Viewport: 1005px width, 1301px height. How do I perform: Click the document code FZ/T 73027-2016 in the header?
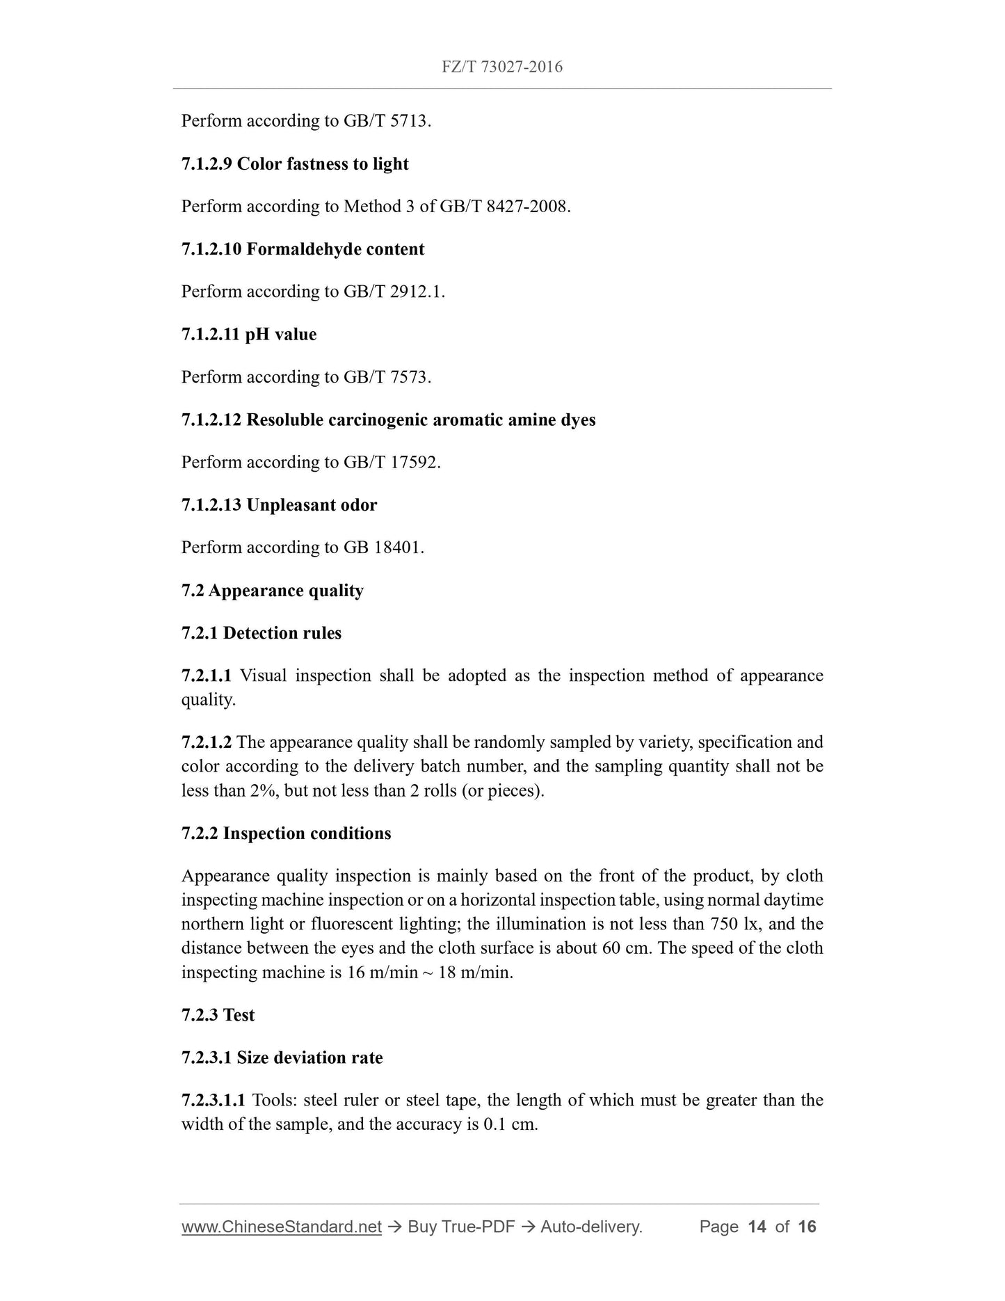pos(501,67)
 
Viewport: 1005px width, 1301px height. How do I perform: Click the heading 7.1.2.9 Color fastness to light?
pos(295,164)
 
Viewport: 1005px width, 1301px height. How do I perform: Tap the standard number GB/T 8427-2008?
pos(504,207)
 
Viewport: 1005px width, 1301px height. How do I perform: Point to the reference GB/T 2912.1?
pos(393,292)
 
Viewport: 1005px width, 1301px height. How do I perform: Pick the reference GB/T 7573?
pos(386,377)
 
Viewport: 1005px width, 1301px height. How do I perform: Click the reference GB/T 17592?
pos(391,463)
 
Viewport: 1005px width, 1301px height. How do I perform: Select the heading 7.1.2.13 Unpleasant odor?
pos(279,505)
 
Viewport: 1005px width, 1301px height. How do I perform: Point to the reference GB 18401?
pos(383,548)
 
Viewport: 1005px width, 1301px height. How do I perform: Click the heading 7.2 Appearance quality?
pos(272,591)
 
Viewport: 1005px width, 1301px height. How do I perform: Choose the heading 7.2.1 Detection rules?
pos(262,633)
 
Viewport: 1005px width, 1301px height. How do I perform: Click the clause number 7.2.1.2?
pos(207,742)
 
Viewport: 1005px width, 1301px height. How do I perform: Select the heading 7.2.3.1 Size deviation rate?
pos(282,1058)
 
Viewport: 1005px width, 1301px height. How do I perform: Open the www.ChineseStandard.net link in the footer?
pos(281,1227)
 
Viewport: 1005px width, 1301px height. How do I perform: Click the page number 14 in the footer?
pos(756,1227)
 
